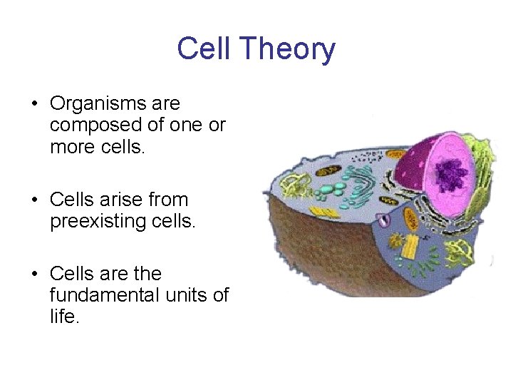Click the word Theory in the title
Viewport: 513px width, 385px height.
[x=287, y=49]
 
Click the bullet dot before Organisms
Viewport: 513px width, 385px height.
[x=34, y=104]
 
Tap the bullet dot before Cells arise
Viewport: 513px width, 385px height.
[x=34, y=200]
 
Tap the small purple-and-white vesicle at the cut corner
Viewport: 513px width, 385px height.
[x=385, y=220]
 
